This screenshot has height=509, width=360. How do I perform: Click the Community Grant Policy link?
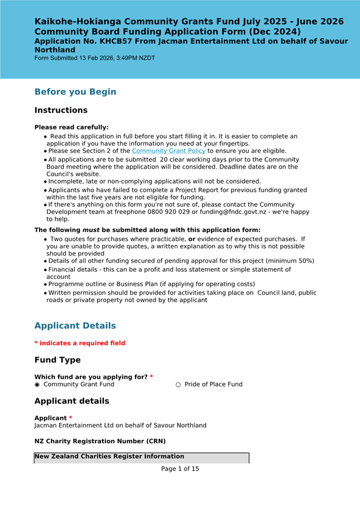tap(169, 151)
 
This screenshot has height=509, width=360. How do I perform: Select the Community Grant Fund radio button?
tap(37, 385)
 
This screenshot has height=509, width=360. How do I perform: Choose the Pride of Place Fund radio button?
tap(179, 385)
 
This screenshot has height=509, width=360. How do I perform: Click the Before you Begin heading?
tap(75, 92)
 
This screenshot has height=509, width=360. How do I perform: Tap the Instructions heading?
tap(61, 110)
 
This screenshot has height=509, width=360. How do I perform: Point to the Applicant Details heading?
tap(75, 325)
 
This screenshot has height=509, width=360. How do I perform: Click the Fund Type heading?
tap(57, 360)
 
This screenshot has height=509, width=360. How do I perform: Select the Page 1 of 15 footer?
tap(180, 469)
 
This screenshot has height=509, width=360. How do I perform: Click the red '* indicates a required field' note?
tap(80, 343)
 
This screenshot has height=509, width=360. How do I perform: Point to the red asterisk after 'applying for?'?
tap(151, 377)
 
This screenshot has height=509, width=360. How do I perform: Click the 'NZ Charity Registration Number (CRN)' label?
tap(100, 441)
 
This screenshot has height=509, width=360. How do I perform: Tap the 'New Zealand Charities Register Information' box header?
tap(109, 457)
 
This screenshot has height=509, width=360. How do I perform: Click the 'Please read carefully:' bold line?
tap(71, 127)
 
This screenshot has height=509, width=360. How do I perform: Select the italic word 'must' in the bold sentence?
tap(91, 230)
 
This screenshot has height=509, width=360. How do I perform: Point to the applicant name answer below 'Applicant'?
tap(120, 425)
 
